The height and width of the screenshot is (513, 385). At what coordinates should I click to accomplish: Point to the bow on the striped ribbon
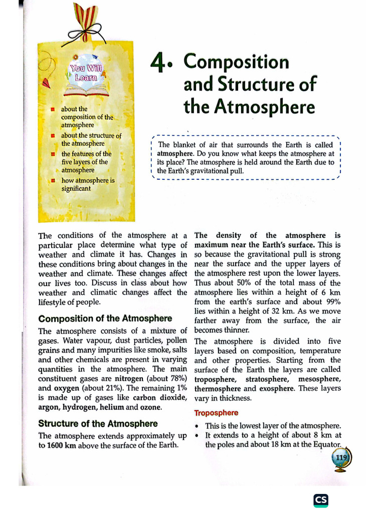83,35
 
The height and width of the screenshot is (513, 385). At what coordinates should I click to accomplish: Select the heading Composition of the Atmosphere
105,319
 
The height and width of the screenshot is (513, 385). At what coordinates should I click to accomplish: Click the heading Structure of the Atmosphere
98,424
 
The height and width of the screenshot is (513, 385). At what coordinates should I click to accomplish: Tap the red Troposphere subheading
216,413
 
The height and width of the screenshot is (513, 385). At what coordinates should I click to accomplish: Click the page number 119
341,457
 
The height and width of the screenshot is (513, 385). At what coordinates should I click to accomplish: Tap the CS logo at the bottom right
321,500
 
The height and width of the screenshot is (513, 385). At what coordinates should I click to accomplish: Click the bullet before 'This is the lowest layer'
197,426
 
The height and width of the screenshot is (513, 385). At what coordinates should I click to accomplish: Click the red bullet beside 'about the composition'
52,109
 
